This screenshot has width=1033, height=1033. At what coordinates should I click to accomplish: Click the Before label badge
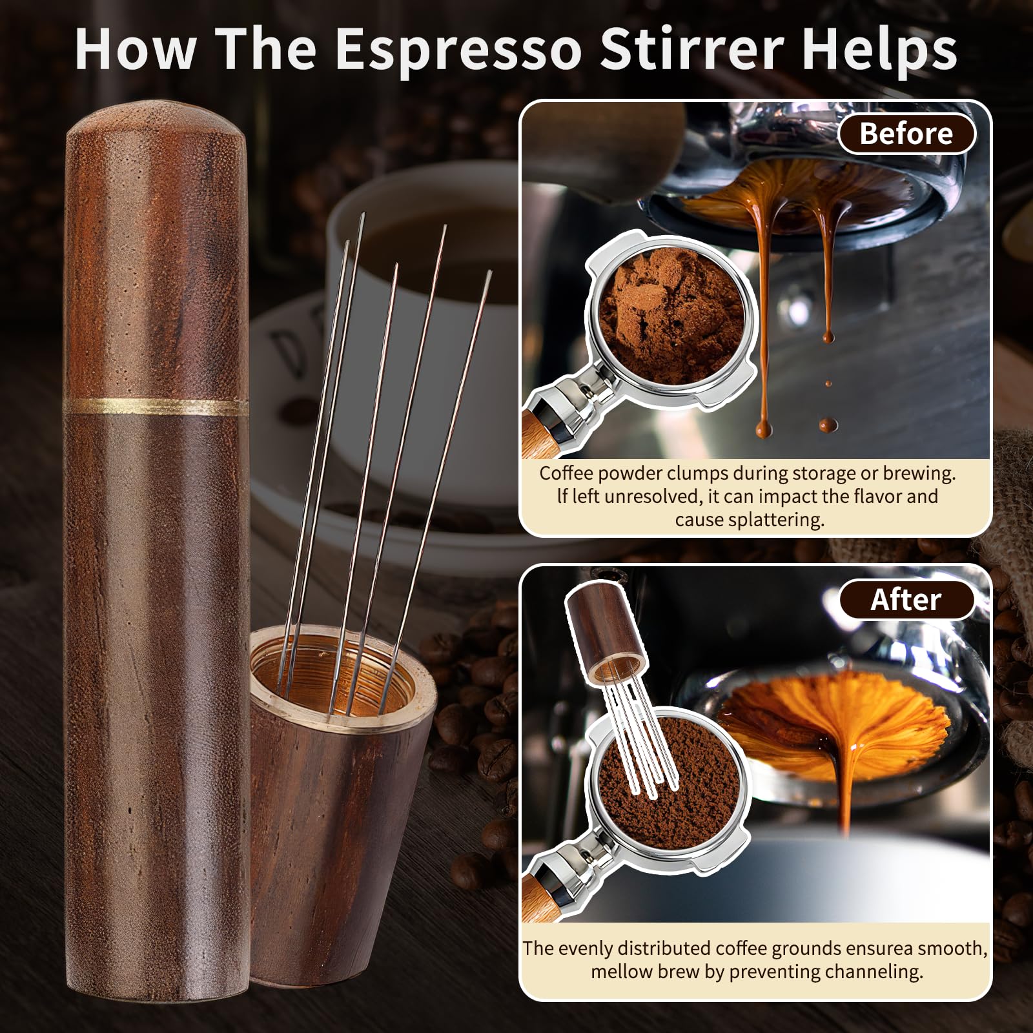tap(906, 134)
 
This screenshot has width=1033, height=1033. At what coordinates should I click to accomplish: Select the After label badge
tap(906, 600)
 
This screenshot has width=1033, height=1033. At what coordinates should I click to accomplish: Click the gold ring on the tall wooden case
tap(157, 406)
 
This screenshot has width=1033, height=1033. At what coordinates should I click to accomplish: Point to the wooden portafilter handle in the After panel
tap(539, 897)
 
